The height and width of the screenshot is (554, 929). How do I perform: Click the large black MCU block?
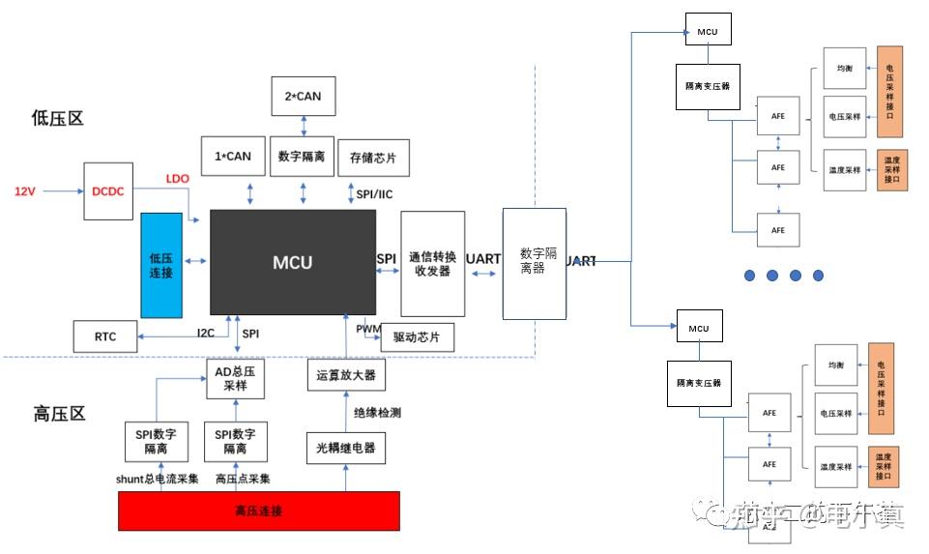(x=292, y=262)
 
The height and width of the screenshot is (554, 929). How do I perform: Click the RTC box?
(x=105, y=336)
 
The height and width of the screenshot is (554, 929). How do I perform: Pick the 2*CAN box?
(x=304, y=97)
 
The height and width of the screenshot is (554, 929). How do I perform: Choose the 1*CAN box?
(x=225, y=156)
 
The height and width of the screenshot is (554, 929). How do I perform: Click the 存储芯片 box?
(x=373, y=157)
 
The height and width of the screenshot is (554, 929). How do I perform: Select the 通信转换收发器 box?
(x=431, y=264)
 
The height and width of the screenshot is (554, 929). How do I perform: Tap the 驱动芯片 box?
(x=417, y=337)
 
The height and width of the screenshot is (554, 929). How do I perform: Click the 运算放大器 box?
(x=345, y=375)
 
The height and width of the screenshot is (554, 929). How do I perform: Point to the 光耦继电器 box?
(x=345, y=448)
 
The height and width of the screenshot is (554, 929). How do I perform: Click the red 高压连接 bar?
(x=258, y=510)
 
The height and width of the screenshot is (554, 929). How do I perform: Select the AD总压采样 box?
(x=235, y=378)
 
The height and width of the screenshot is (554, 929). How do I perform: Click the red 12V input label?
(x=25, y=191)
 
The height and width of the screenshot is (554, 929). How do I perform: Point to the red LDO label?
(x=177, y=179)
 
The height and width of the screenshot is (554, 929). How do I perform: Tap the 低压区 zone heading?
(x=58, y=118)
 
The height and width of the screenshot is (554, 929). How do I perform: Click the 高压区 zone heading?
(x=59, y=414)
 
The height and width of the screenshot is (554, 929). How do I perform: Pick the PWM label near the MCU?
(x=367, y=330)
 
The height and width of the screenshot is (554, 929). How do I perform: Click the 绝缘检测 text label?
(x=377, y=413)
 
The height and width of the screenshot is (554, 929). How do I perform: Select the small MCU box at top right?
(x=708, y=31)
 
